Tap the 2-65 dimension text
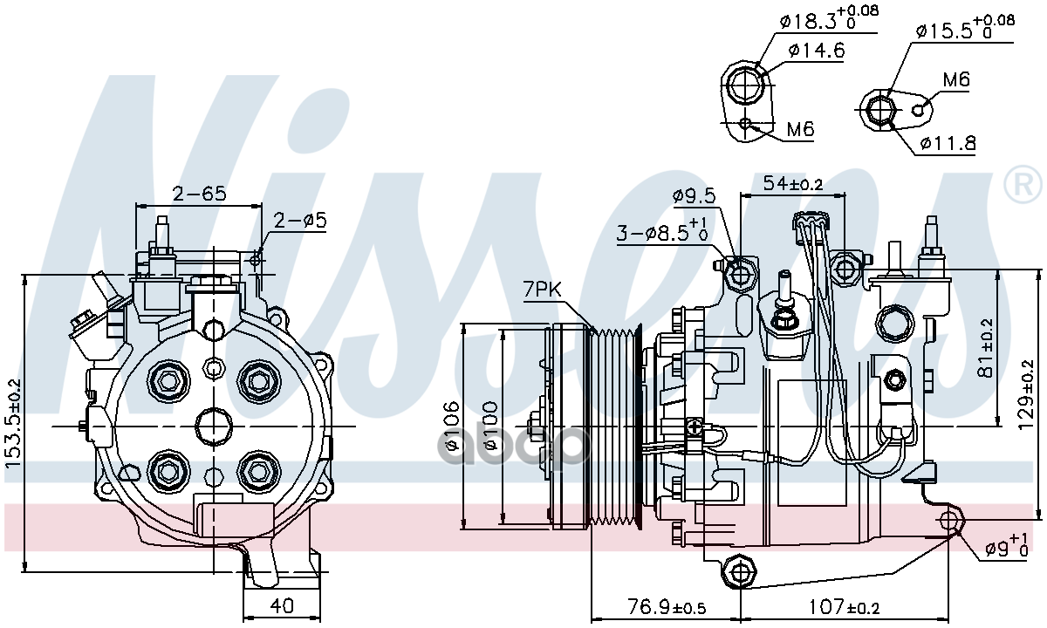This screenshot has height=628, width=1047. pyautogui.click(x=199, y=193)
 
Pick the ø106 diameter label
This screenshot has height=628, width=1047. pyautogui.click(x=451, y=427)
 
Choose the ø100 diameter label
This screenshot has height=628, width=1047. pyautogui.click(x=489, y=427)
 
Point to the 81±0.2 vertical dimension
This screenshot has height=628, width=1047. pyautogui.click(x=986, y=347)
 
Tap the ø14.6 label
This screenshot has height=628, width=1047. pyautogui.click(x=816, y=51)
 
